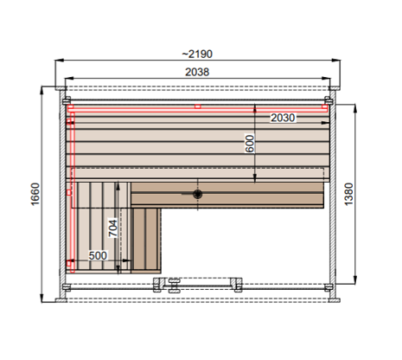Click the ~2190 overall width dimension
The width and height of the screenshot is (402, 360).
[197, 54]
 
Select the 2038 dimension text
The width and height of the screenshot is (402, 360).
[197, 72]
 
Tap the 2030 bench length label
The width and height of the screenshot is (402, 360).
[283, 118]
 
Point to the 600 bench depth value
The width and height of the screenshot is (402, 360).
[250, 144]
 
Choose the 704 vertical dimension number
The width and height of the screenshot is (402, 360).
[113, 228]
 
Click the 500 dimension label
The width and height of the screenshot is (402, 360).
[98, 255]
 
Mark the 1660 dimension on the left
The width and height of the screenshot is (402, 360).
[35, 194]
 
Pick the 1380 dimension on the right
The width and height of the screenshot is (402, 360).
[348, 194]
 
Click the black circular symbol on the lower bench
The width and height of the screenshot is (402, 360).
[198, 194]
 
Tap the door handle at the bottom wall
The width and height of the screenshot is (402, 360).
[174, 286]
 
